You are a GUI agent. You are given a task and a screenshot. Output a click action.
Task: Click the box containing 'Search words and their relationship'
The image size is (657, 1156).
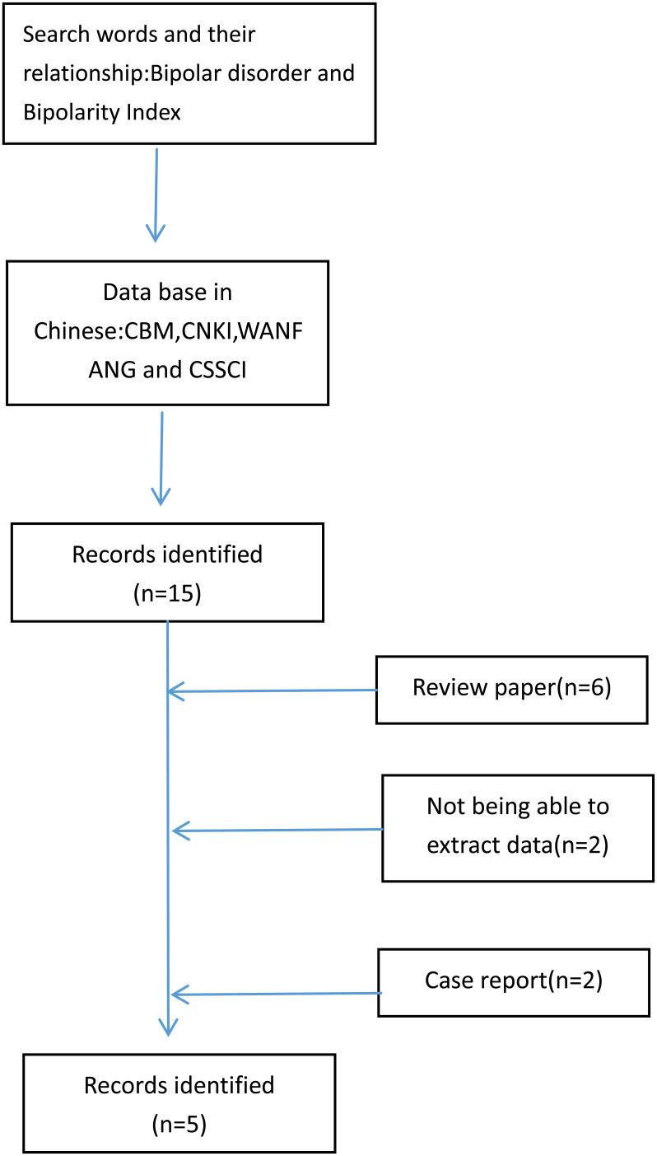[189, 74]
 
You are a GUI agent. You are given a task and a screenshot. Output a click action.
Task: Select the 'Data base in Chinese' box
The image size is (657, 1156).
[167, 333]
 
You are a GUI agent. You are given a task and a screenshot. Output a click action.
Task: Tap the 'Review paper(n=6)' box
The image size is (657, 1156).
[511, 690]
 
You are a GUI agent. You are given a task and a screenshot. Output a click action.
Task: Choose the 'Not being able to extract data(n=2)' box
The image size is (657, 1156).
[518, 827]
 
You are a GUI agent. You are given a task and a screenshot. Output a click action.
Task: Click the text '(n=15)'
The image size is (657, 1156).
[167, 593]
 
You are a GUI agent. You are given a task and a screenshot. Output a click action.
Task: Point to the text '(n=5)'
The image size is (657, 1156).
[179, 1122]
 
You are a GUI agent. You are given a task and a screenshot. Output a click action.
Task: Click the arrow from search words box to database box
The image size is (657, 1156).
[156, 194]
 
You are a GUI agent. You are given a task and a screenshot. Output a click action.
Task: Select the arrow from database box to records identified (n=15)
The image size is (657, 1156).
[161, 457]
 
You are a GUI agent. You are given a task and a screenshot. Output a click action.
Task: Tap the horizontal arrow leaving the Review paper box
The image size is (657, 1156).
[272, 691]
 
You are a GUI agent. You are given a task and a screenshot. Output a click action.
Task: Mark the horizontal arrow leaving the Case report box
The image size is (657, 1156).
[276, 994]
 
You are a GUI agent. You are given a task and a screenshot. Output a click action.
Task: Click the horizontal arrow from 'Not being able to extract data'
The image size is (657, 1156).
[278, 831]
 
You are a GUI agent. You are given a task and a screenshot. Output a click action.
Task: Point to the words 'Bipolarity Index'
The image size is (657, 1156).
[102, 111]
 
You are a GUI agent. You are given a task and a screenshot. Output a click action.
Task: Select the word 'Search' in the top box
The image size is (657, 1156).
[54, 36]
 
